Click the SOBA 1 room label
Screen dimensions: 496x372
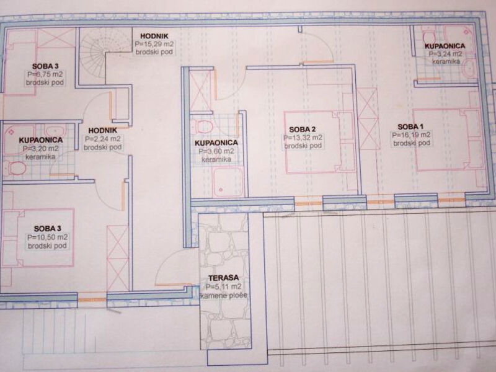click(x=410, y=127)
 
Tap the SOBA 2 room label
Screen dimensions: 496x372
click(x=303, y=130)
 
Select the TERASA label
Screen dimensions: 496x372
click(x=223, y=278)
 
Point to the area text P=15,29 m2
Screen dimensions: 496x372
click(x=154, y=44)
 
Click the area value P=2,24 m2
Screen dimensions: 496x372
click(x=102, y=138)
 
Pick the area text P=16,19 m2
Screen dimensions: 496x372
click(x=411, y=135)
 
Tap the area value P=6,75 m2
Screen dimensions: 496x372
click(x=45, y=74)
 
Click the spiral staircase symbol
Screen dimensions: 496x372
click(x=94, y=53)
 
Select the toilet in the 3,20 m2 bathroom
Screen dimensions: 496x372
click(x=16, y=168)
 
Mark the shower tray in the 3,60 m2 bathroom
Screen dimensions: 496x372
click(x=228, y=182)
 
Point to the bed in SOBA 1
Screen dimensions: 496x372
click(x=448, y=140)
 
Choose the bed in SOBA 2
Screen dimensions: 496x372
click(x=319, y=142)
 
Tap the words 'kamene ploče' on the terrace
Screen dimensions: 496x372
click(x=224, y=296)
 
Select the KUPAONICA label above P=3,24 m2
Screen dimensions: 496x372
click(x=445, y=46)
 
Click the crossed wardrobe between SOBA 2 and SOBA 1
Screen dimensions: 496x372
click(x=368, y=118)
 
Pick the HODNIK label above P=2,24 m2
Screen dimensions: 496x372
click(x=102, y=130)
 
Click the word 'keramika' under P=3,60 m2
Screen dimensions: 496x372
click(x=216, y=159)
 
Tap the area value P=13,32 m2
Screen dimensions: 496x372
click(x=303, y=138)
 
